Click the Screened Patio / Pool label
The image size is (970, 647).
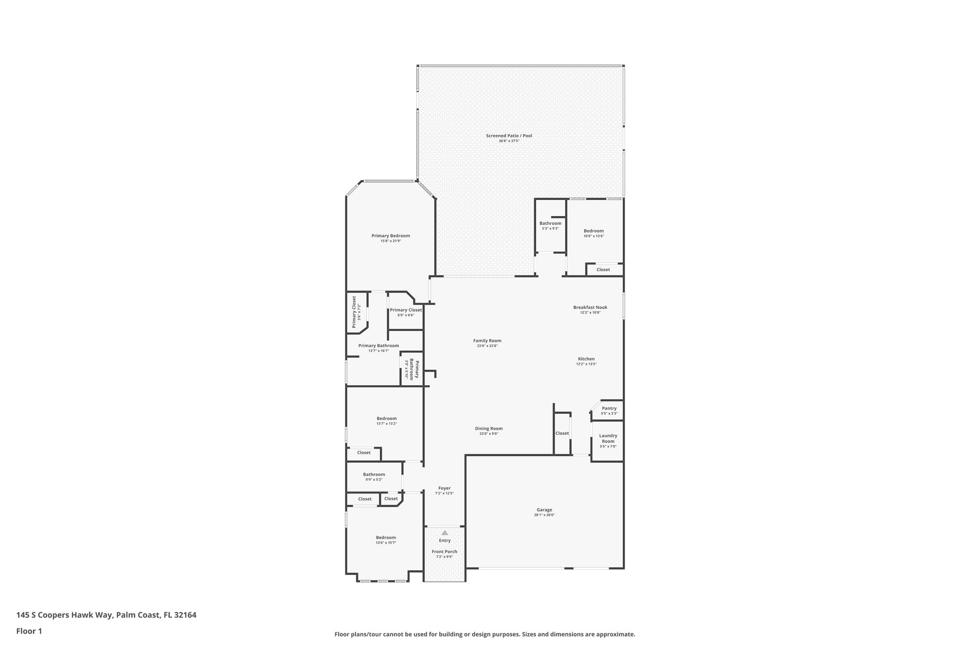click(509, 136)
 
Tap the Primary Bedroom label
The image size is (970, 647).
click(390, 236)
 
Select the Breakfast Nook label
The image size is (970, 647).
click(590, 307)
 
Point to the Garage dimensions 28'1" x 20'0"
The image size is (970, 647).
click(544, 515)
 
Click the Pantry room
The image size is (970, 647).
click(609, 410)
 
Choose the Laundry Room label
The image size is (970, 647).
click(608, 438)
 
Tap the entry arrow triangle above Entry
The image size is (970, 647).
click(444, 533)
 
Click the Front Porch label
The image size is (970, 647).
click(444, 551)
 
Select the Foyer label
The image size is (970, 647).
click(444, 488)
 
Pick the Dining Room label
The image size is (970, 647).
click(489, 428)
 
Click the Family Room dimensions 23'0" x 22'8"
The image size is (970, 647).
click(487, 346)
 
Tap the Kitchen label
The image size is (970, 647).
click(586, 359)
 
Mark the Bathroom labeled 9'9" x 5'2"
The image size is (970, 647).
click(374, 476)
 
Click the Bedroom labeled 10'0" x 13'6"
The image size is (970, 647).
click(593, 233)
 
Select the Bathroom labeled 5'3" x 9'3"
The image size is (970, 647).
click(550, 226)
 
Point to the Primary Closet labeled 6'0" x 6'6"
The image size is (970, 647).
click(405, 312)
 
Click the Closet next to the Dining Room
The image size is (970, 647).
click(562, 433)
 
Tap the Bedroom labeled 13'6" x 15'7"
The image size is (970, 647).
click(386, 540)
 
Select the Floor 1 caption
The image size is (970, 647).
click(29, 631)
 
